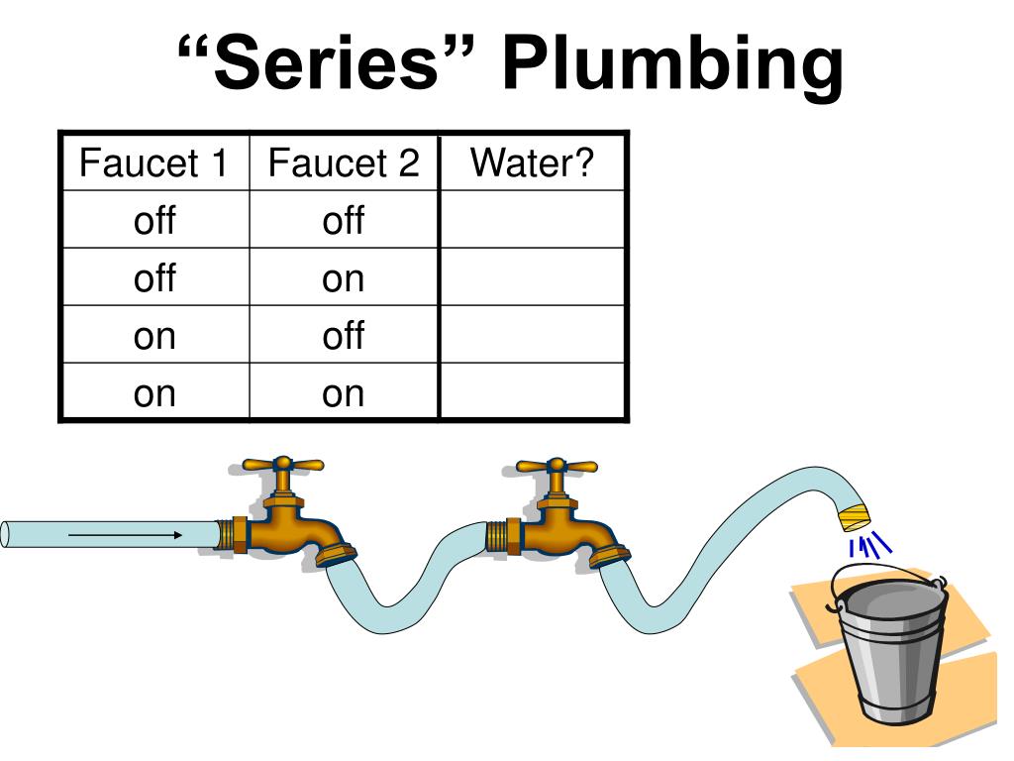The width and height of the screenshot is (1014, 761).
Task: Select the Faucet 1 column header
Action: tap(153, 163)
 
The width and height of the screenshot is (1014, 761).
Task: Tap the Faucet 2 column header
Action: tap(344, 163)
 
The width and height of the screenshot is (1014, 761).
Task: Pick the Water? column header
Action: tap(532, 162)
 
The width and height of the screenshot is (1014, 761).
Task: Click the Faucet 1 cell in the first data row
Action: tap(153, 220)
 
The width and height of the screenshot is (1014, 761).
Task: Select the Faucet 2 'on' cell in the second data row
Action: tap(344, 278)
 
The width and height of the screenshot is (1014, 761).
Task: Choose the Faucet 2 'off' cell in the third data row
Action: tap(344, 335)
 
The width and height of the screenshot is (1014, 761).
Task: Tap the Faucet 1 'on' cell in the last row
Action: tap(153, 393)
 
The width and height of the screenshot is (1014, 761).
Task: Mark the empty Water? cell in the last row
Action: tap(532, 392)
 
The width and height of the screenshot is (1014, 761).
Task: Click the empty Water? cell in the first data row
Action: tap(532, 219)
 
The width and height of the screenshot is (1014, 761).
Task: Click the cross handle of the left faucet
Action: tap(283, 465)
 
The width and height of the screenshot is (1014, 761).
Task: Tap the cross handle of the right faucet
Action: tap(557, 465)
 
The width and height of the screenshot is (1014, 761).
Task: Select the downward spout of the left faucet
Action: tap(336, 551)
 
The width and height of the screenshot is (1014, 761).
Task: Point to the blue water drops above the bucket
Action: tap(868, 545)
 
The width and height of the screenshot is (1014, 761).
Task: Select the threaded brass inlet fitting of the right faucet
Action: tap(499, 535)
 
